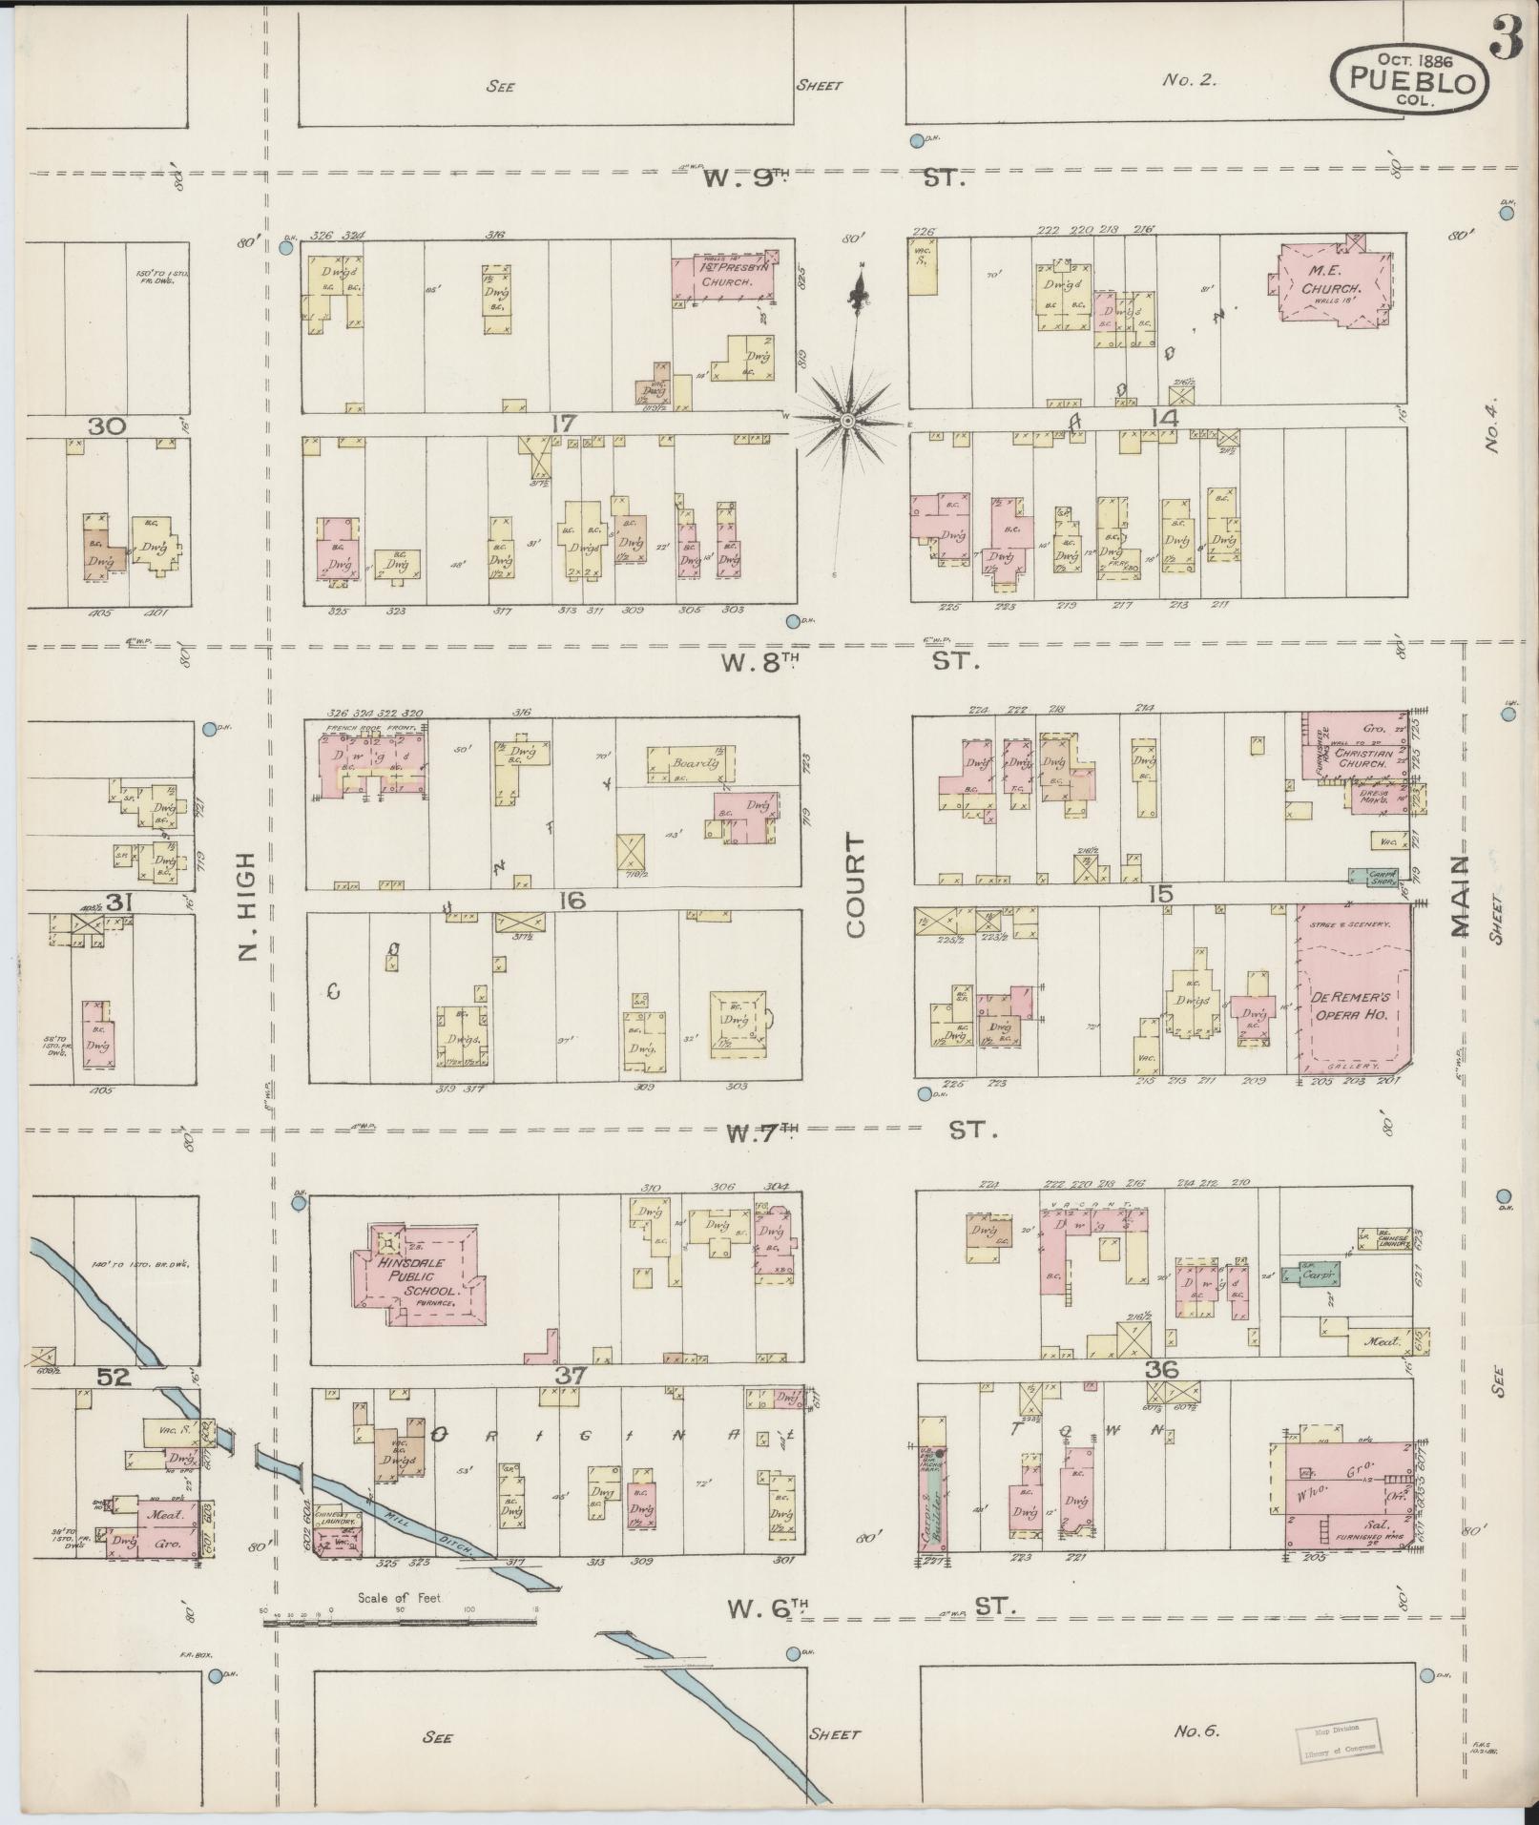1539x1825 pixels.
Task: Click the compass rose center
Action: pos(847,420)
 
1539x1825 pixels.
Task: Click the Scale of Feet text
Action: pos(400,1597)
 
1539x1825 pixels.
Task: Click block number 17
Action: pos(563,422)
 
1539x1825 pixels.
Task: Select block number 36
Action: pos(1162,1369)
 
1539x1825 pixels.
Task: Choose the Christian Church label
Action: pos(1357,757)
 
